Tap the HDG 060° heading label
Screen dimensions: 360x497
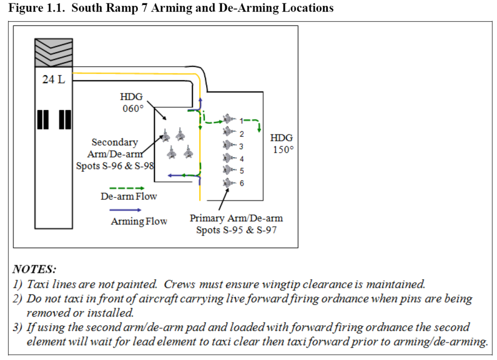(x=131, y=102)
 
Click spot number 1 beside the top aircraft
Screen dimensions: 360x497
(x=242, y=121)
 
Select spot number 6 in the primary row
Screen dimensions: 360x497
(x=242, y=183)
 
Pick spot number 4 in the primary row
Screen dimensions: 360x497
(x=242, y=159)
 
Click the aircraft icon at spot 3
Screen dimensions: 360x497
(x=228, y=145)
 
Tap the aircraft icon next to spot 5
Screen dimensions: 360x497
(x=228, y=171)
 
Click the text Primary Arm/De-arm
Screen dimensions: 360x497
(x=236, y=218)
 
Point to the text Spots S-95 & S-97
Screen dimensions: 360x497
(x=236, y=230)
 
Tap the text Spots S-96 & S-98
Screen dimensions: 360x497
(x=115, y=166)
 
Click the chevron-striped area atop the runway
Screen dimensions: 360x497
(x=53, y=52)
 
